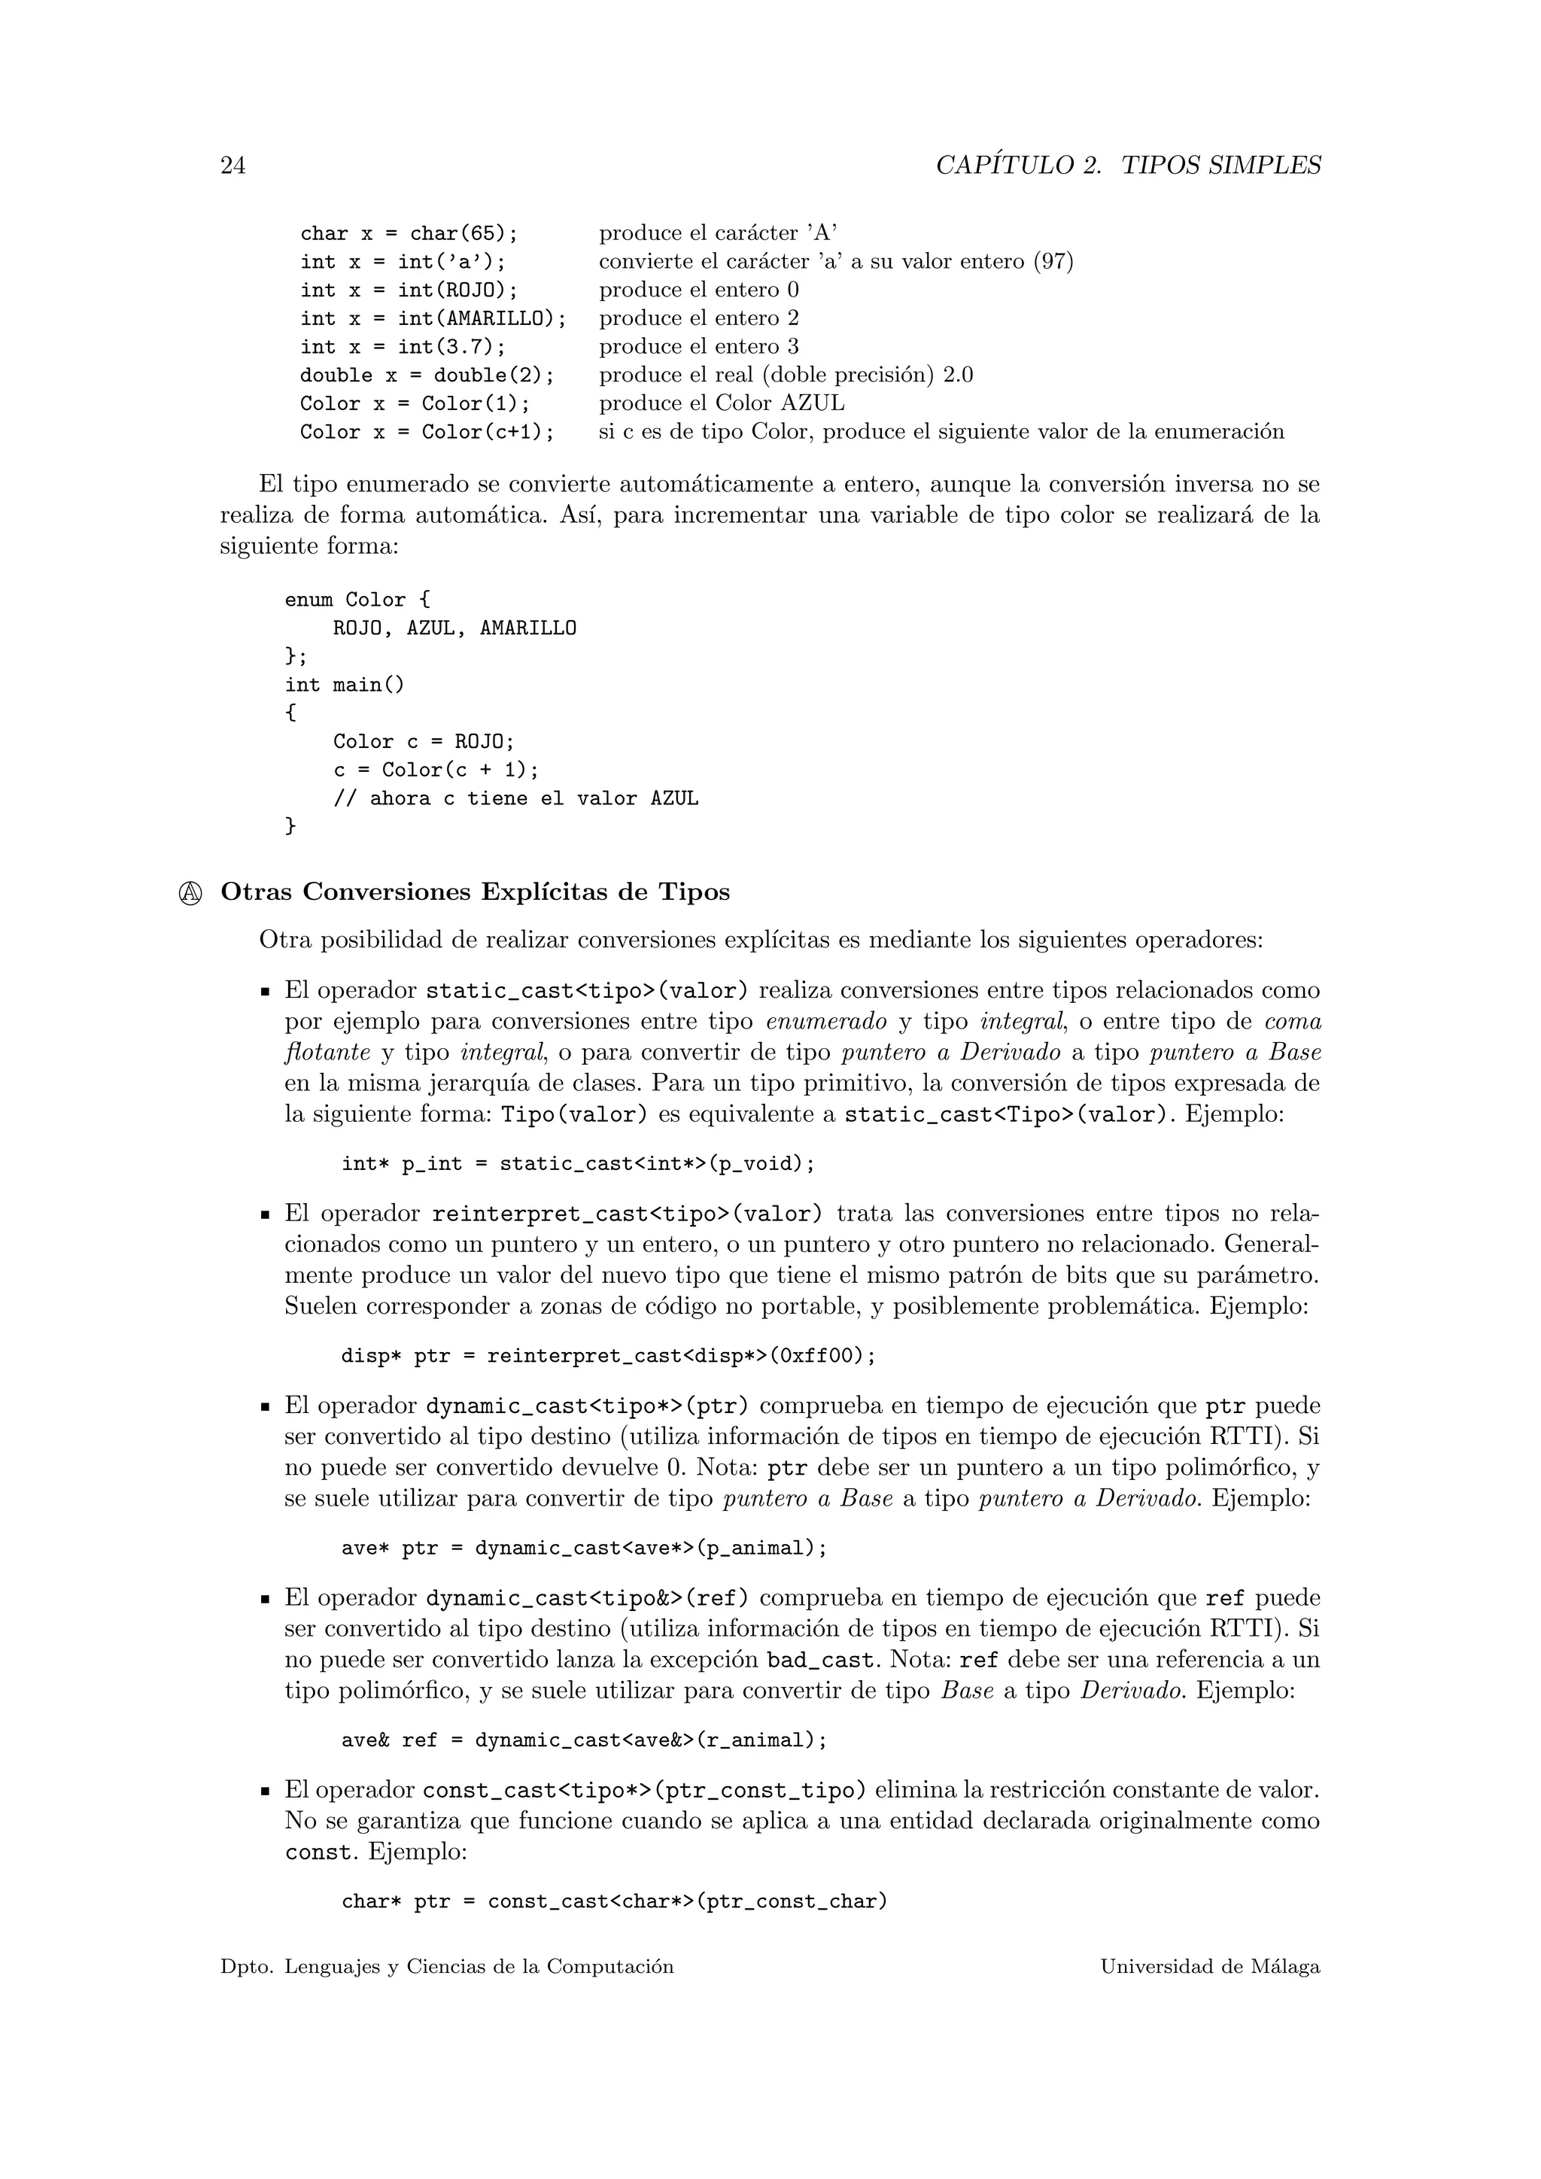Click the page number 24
[233, 166]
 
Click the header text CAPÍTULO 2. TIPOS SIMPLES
[1127, 166]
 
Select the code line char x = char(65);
[409, 233]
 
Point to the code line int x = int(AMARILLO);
[433, 319]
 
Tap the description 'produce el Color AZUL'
[721, 403]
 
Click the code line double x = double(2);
[426, 375]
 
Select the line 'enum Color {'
[357, 600]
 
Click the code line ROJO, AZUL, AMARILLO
[454, 628]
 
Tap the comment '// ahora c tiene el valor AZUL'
[515, 799]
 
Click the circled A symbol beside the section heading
[190, 893]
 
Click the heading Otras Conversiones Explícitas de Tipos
[476, 892]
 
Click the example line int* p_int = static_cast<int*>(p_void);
[578, 1163]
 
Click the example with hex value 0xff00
[608, 1356]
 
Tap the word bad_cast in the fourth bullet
[819, 1661]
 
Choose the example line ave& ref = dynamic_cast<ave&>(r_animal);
[584, 1740]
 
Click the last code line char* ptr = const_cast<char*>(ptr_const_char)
[614, 1902]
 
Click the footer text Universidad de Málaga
[1210, 1968]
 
